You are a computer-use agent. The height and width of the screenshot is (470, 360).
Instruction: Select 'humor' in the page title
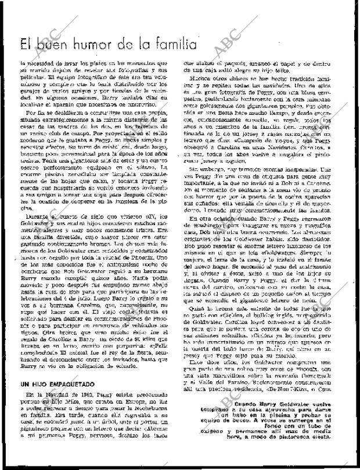click(105, 44)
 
